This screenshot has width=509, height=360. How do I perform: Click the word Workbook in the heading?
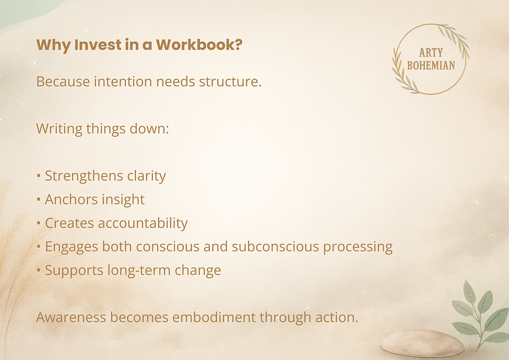199,45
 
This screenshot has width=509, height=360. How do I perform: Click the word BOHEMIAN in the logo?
431,65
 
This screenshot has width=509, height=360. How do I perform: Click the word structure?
230,82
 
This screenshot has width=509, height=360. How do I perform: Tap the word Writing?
57,129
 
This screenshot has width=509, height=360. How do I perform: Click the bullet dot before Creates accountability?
38,223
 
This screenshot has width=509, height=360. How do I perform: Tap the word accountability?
143,223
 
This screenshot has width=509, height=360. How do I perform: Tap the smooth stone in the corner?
422,344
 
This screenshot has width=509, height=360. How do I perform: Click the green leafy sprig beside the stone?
479,312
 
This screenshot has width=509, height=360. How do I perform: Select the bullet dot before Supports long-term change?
38,271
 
